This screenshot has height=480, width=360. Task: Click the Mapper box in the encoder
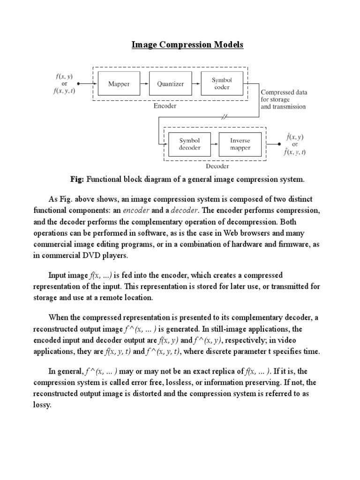[x=119, y=84]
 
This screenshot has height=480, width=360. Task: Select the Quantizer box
[x=170, y=84]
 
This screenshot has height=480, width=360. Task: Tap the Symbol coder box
[x=222, y=83]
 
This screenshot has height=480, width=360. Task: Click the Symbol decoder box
[x=190, y=144]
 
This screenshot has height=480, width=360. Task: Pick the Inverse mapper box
[x=240, y=144]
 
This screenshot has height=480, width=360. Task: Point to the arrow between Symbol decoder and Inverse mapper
[x=215, y=144]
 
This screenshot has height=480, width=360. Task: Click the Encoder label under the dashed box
[x=165, y=106]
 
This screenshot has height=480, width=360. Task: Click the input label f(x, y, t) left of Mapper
[x=64, y=91]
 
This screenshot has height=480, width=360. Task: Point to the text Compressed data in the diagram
[x=284, y=92]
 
